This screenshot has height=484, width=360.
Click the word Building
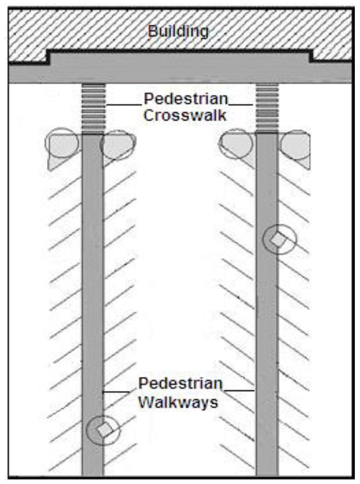pyautogui.click(x=178, y=31)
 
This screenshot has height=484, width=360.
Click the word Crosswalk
pyautogui.click(x=185, y=115)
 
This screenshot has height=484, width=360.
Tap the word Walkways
pyautogui.click(x=178, y=402)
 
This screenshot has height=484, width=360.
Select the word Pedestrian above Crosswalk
pyautogui.click(x=186, y=100)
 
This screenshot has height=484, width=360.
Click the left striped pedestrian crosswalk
pyautogui.click(x=93, y=108)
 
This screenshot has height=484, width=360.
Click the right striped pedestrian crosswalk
pyautogui.click(x=267, y=108)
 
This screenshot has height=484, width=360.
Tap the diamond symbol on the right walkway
pyautogui.click(x=279, y=240)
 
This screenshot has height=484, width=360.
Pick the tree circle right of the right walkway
pyautogui.click(x=296, y=145)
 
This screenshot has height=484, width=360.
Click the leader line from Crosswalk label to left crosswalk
pyautogui.click(x=123, y=104)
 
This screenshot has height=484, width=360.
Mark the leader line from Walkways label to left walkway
pyautogui.click(x=116, y=391)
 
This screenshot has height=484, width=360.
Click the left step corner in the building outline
pyautogui.click(x=49, y=56)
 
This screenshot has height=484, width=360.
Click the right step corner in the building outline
pyautogui.click(x=311, y=56)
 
